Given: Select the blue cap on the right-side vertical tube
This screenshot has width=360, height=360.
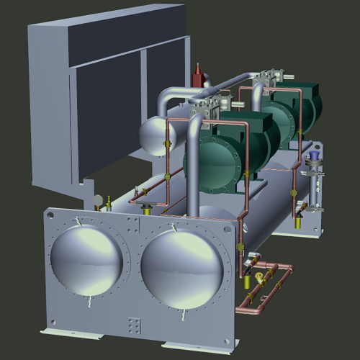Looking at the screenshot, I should tap(314, 155).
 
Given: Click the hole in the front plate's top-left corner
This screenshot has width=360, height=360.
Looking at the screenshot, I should tap(51, 214).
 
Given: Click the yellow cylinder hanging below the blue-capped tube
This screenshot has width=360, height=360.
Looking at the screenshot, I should tap(303, 208).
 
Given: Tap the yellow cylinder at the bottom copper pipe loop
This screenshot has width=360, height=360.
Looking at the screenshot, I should tap(250, 297).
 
